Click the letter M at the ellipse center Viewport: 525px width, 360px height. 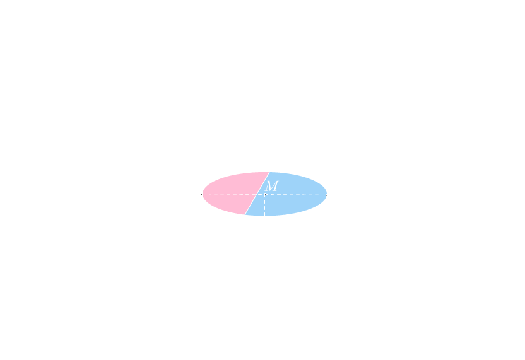click(x=271, y=187)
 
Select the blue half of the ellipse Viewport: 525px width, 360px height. click(x=293, y=195)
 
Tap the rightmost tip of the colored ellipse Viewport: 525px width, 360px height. click(x=327, y=194)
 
